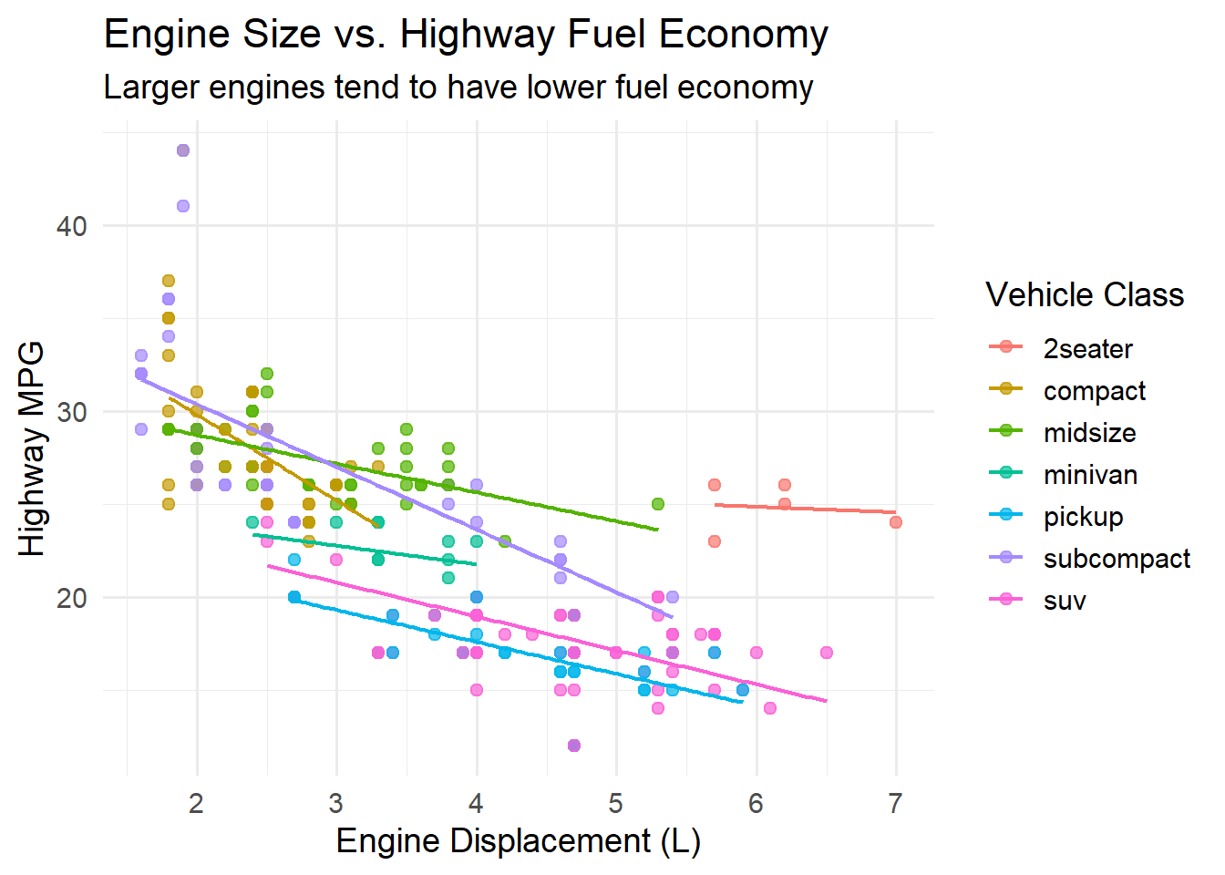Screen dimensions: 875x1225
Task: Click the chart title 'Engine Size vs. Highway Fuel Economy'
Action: [466, 35]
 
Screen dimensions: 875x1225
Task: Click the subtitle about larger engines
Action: [458, 87]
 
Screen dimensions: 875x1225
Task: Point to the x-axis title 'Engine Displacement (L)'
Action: [518, 840]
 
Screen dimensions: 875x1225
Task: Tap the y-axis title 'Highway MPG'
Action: [32, 448]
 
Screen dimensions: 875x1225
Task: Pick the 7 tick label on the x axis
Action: [895, 803]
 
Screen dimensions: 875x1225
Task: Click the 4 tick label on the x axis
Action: [476, 803]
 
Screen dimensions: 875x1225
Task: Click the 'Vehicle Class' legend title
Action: [1085, 295]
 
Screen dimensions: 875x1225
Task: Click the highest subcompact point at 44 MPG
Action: [182, 150]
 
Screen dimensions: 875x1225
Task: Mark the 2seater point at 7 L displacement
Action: [896, 522]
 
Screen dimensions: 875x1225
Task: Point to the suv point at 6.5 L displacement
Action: [826, 653]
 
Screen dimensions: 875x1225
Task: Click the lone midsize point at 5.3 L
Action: [658, 504]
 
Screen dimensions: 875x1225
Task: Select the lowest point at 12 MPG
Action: [574, 746]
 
